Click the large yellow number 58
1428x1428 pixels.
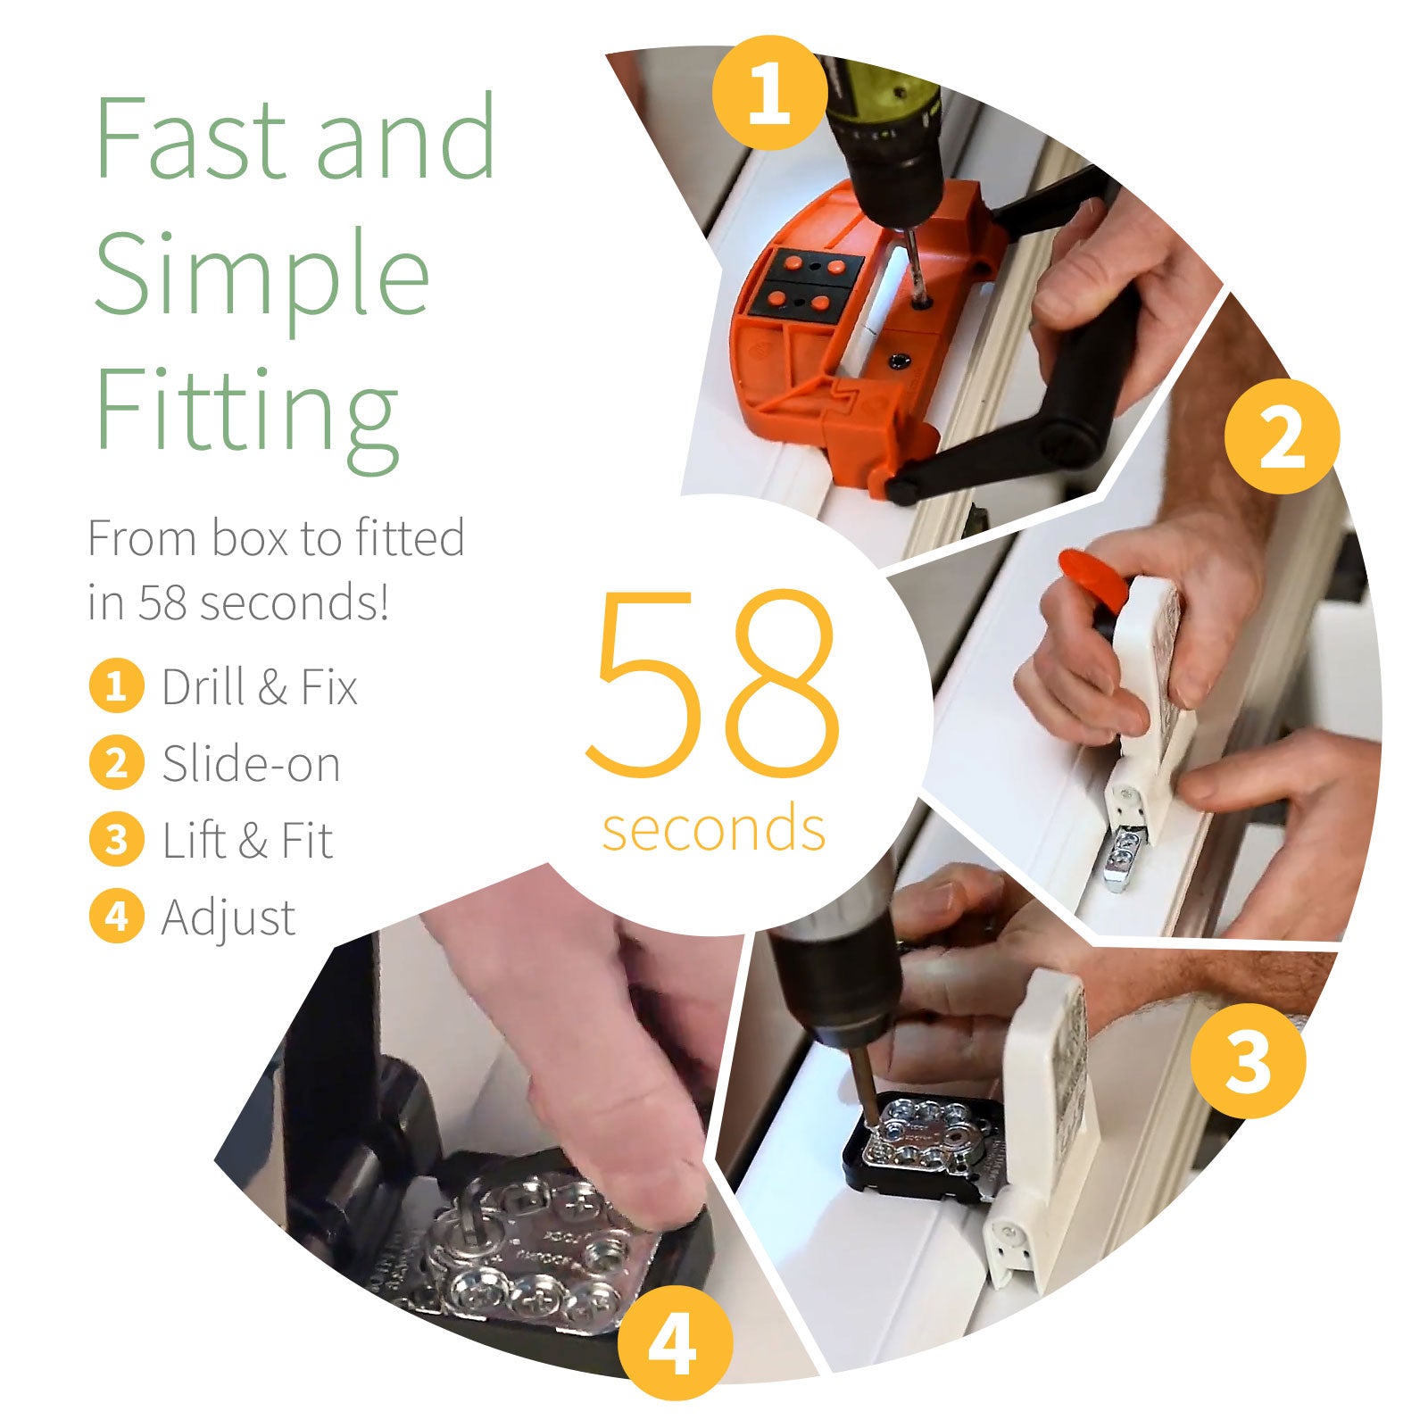click(712, 683)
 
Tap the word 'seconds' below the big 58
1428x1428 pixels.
click(713, 828)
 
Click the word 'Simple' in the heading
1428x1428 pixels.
click(261, 272)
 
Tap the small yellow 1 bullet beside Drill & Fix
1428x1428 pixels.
click(116, 686)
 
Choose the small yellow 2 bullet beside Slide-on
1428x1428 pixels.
click(116, 763)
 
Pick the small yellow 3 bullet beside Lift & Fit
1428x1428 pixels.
click(116, 840)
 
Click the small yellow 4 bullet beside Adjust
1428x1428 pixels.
click(116, 917)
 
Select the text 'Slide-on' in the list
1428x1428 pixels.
click(251, 764)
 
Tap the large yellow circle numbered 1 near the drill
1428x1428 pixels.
click(770, 92)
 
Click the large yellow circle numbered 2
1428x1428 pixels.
click(1282, 436)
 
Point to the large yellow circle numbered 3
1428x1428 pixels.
click(1248, 1059)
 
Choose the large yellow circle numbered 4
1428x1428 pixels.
click(674, 1341)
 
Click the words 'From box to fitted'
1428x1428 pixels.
click(276, 538)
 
